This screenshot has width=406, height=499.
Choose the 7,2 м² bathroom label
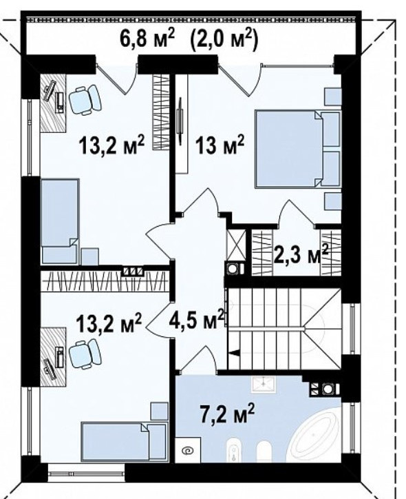click(x=227, y=414)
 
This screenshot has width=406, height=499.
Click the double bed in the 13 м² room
click(x=298, y=148)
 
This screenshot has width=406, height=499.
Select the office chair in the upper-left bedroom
click(x=85, y=99)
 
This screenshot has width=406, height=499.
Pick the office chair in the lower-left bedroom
click(x=85, y=354)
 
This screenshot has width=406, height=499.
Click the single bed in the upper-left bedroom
click(x=60, y=221)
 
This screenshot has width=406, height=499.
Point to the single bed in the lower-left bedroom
click(x=124, y=441)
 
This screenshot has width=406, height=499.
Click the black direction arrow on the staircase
click(x=234, y=353)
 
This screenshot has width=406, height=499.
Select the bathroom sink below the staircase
click(x=264, y=385)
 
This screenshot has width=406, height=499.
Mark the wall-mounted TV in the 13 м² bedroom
click(x=180, y=121)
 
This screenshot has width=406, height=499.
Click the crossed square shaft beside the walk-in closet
click(x=236, y=245)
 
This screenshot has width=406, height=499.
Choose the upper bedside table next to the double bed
click(x=332, y=96)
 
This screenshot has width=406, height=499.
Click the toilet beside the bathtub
click(x=264, y=451)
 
